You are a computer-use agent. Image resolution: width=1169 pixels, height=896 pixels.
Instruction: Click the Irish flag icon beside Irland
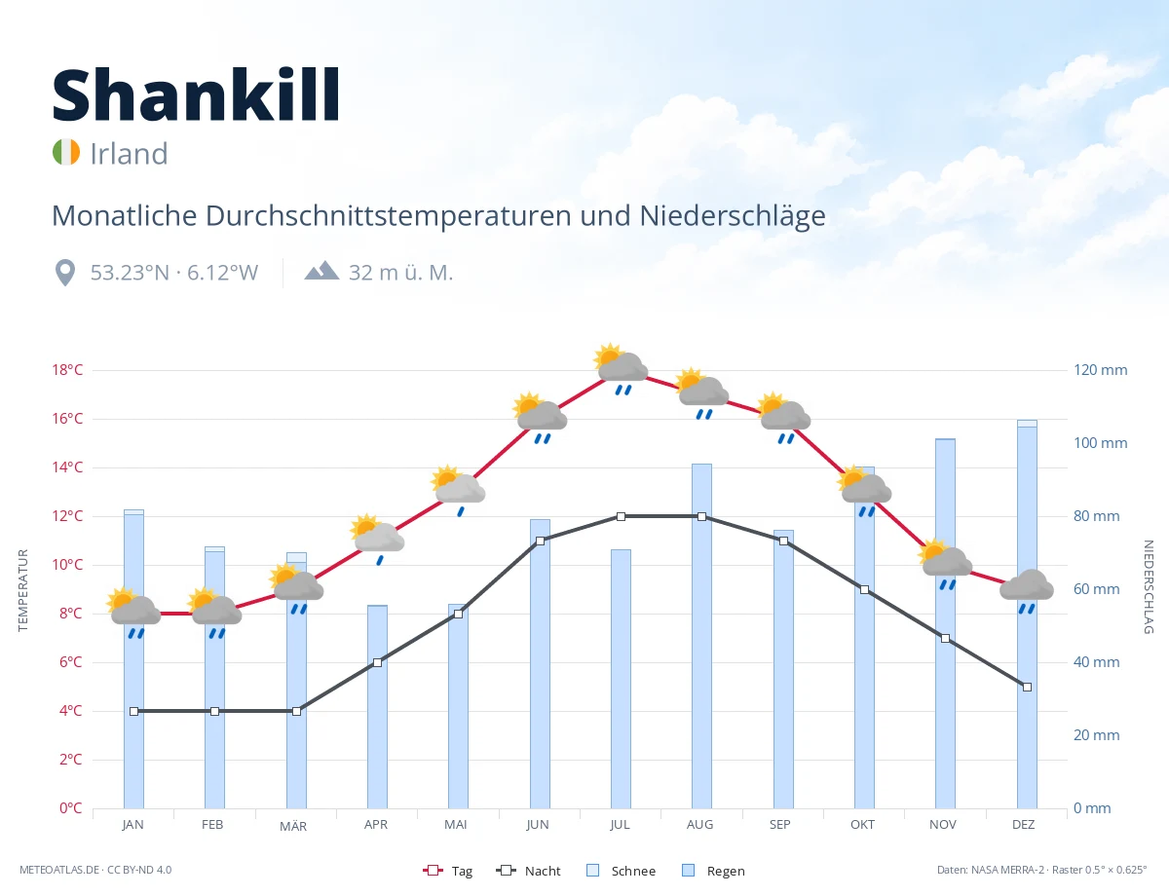coord(66,152)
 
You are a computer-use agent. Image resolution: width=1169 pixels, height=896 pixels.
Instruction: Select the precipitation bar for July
coord(621,679)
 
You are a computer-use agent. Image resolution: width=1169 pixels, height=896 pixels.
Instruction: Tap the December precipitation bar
coord(1027,615)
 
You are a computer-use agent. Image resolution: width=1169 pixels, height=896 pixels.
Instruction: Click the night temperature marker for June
coord(540,541)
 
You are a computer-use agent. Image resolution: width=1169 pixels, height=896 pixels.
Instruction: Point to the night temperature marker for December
coord(1027,687)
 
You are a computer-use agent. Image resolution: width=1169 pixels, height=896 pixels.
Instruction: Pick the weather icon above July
coord(621,368)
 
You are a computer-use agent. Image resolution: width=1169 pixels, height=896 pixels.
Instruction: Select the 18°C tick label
coord(67,370)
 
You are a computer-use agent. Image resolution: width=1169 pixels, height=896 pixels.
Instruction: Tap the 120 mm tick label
coord(1100,370)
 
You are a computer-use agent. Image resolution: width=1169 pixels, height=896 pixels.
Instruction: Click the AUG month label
coord(699,825)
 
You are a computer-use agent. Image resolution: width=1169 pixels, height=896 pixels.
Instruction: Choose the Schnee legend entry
coord(622,871)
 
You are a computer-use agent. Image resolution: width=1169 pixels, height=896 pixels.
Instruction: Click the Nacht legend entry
coord(528,871)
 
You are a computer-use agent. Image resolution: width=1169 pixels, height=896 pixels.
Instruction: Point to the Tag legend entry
coord(447,871)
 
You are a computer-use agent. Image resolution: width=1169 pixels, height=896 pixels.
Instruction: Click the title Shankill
coord(197,94)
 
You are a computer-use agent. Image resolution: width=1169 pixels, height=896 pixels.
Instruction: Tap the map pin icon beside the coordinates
coord(65,273)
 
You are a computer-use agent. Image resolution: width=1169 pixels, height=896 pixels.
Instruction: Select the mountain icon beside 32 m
coord(321,271)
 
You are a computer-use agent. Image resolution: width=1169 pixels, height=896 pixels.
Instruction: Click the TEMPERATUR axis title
coord(22,590)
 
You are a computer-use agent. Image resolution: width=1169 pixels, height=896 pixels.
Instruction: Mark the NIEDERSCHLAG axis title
coord(1148,587)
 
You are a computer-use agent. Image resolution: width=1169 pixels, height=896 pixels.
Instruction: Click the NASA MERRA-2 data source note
coord(1041,870)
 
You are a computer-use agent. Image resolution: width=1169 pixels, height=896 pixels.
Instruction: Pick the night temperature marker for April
coord(378,662)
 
